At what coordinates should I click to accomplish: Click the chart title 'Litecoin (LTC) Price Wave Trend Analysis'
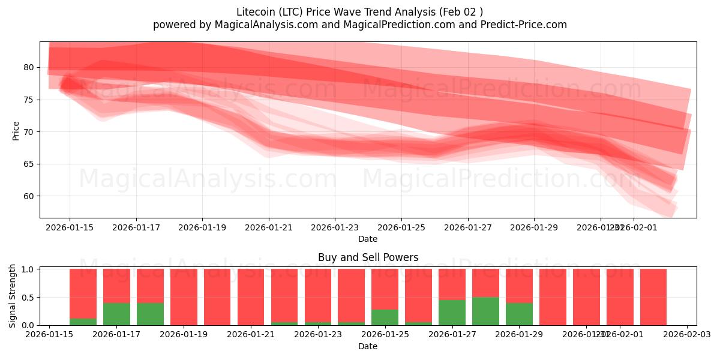[360, 11]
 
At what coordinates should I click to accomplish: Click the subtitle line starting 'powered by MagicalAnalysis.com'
[360, 25]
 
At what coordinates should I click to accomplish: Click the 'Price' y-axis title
[16, 130]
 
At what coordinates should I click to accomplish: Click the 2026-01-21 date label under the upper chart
[268, 228]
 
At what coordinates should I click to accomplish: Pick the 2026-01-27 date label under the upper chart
[467, 228]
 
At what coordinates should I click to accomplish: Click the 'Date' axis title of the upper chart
[368, 239]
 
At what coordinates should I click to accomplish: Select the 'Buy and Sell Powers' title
[368, 257]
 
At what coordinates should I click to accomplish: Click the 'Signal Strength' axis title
[13, 295]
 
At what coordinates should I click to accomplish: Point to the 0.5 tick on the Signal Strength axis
[28, 298]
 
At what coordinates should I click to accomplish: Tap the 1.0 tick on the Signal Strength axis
[28, 269]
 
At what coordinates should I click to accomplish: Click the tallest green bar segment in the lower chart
[485, 311]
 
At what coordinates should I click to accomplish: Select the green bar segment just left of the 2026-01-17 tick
[116, 314]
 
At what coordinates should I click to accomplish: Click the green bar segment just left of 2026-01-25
[385, 317]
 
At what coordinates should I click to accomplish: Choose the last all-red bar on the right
[653, 297]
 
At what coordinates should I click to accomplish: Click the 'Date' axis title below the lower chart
[368, 346]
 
